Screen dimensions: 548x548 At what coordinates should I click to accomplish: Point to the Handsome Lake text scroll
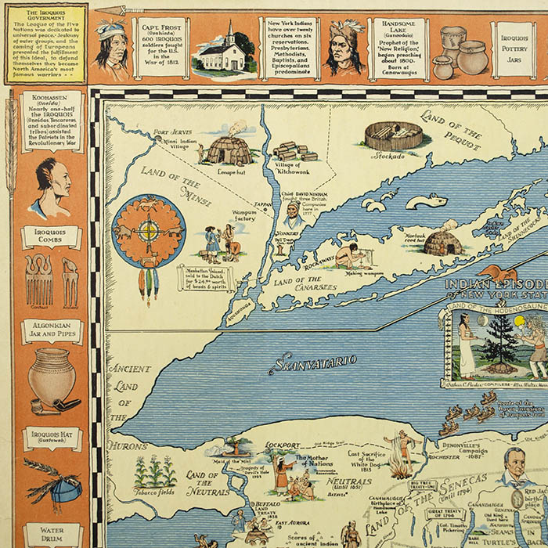point(398,49)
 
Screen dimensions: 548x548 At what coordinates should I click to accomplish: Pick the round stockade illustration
point(393,135)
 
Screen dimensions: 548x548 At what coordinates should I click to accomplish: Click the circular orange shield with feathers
point(148,233)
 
